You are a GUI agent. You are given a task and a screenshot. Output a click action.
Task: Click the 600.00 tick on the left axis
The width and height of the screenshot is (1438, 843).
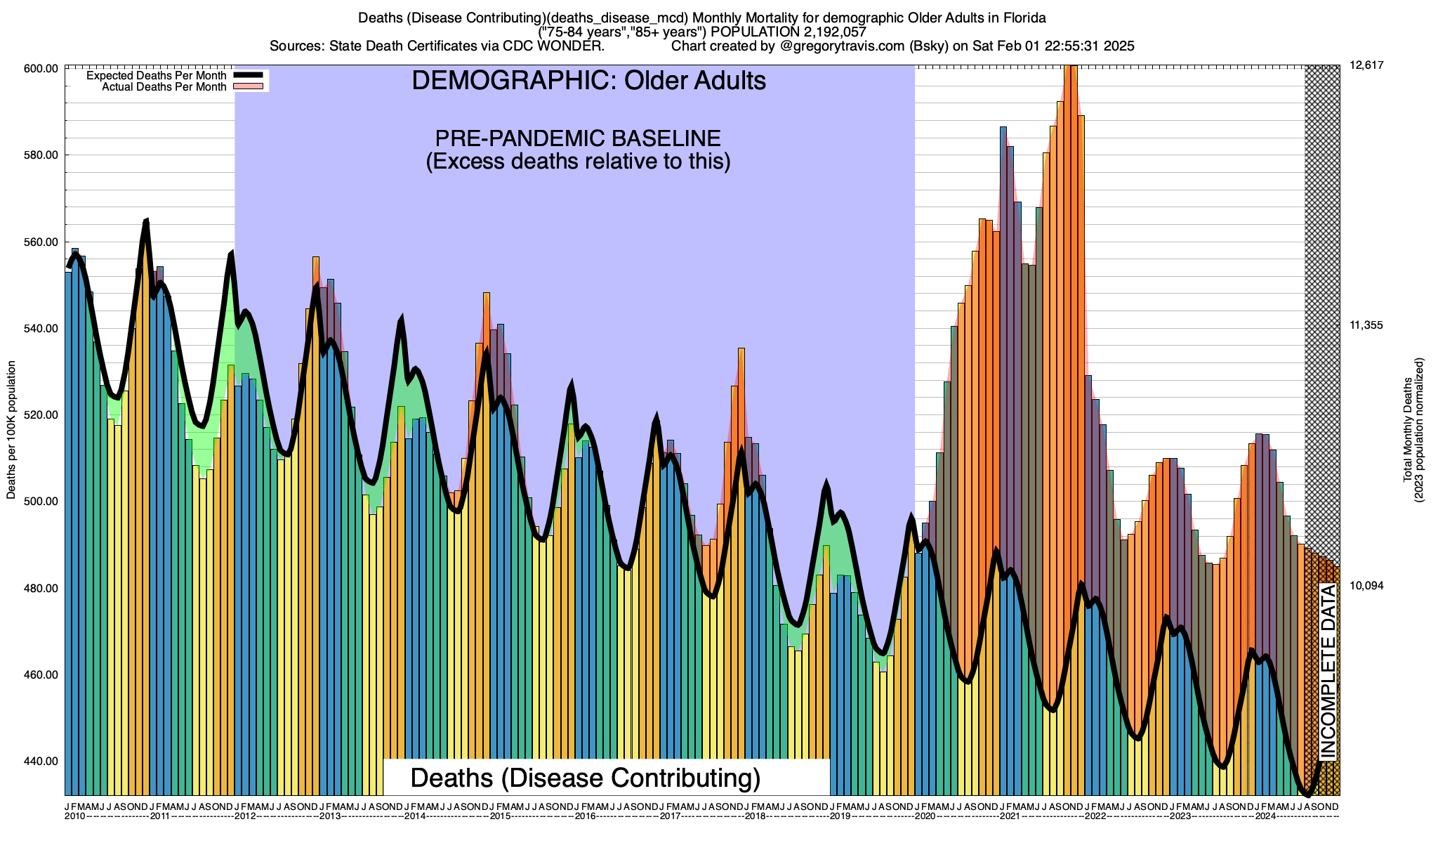(x=41, y=69)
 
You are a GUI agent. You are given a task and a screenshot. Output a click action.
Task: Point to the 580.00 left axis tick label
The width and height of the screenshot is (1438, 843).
(x=41, y=155)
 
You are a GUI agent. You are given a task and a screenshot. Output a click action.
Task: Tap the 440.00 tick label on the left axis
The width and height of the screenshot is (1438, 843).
(x=41, y=762)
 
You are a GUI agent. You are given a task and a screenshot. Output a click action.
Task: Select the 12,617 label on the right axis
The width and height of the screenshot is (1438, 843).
(x=1366, y=65)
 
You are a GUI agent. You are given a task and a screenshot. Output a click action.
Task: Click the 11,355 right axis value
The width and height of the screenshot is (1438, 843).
(x=1366, y=325)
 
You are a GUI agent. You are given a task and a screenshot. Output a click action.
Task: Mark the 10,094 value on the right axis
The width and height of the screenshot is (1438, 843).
(x=1366, y=586)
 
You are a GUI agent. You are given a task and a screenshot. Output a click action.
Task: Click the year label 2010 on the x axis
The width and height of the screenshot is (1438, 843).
(x=75, y=816)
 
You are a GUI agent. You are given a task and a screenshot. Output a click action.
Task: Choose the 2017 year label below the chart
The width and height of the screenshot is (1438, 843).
(x=671, y=816)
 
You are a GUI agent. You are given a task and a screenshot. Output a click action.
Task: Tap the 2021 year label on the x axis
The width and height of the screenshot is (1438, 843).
(x=1010, y=816)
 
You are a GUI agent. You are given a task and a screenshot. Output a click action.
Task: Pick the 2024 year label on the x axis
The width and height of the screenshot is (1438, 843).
(x=1265, y=816)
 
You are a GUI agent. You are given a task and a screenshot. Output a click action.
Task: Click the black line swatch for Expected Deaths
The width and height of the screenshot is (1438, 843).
(x=248, y=75)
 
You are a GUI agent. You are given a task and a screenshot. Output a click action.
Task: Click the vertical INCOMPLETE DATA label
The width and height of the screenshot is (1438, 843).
(x=1328, y=671)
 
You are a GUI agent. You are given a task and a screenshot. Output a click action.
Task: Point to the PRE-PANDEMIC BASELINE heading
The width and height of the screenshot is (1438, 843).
(x=578, y=138)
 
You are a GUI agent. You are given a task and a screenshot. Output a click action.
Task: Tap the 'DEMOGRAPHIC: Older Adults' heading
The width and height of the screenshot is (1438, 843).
(x=588, y=81)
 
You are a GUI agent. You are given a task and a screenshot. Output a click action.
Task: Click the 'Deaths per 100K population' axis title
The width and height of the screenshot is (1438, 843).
(x=11, y=430)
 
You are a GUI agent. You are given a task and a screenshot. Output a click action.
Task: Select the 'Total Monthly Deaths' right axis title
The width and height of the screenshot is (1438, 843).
(x=1408, y=430)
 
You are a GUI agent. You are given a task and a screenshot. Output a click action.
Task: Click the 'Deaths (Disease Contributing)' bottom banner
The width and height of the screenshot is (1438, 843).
(x=586, y=778)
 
